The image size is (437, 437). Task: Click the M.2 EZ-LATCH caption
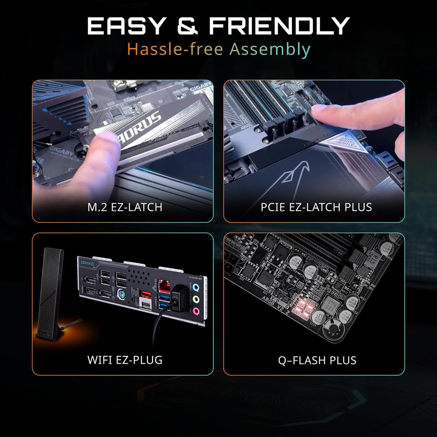pyautogui.click(x=125, y=207)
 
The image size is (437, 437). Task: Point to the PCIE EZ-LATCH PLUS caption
pyautogui.click(x=316, y=207)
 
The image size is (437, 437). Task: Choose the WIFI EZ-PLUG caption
pyautogui.click(x=125, y=360)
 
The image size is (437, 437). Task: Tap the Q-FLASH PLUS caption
pyautogui.click(x=317, y=360)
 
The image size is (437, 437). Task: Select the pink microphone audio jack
pyautogui.click(x=196, y=312)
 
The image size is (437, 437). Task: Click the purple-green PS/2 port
pyautogui.click(x=121, y=294)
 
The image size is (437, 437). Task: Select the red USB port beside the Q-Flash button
pyautogui.click(x=145, y=295)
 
